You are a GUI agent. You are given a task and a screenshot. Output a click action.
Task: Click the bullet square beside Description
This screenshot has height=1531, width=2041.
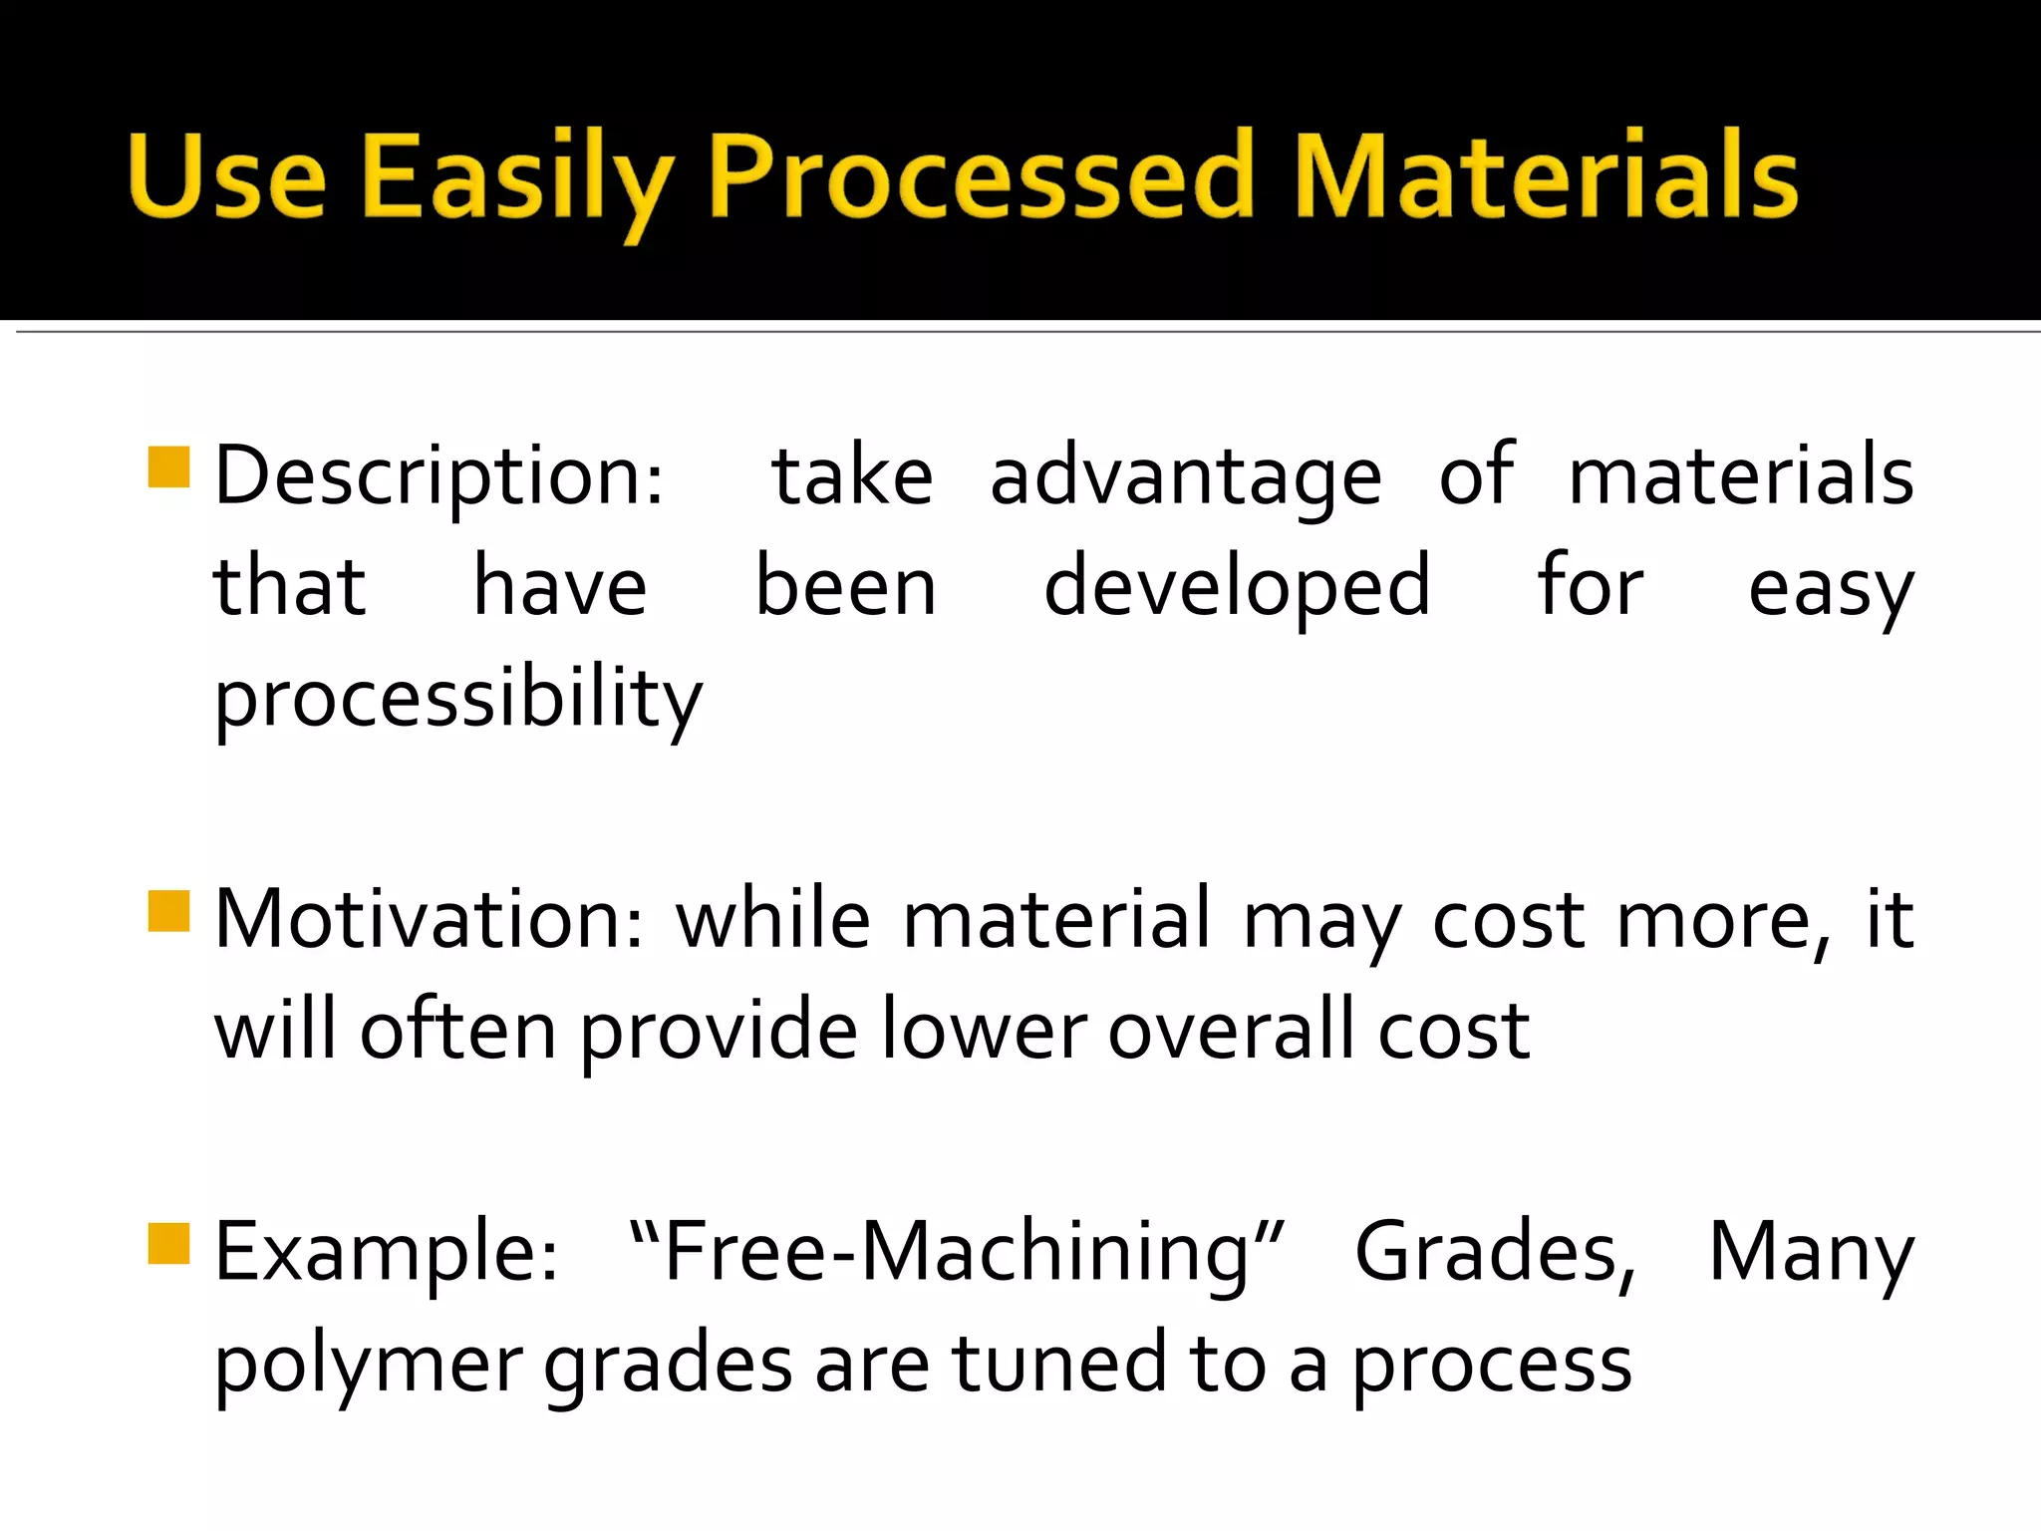pyautogui.click(x=168, y=466)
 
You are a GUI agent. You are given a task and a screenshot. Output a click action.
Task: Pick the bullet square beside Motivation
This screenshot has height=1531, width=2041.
pyautogui.click(x=168, y=910)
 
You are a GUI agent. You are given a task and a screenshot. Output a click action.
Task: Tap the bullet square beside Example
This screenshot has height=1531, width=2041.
pyautogui.click(x=168, y=1243)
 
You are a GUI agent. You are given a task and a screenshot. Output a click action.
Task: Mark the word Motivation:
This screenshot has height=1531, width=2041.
pyautogui.click(x=430, y=920)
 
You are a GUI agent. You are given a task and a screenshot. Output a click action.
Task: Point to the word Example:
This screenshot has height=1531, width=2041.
pyautogui.click(x=387, y=1254)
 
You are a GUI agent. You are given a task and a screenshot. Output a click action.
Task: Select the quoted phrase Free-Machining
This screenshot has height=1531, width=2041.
pyautogui.click(x=958, y=1254)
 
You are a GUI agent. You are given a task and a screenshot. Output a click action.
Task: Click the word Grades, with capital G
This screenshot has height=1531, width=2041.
pyautogui.click(x=1496, y=1254)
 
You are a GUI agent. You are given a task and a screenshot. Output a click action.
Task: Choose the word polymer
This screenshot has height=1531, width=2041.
pyautogui.click(x=369, y=1366)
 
